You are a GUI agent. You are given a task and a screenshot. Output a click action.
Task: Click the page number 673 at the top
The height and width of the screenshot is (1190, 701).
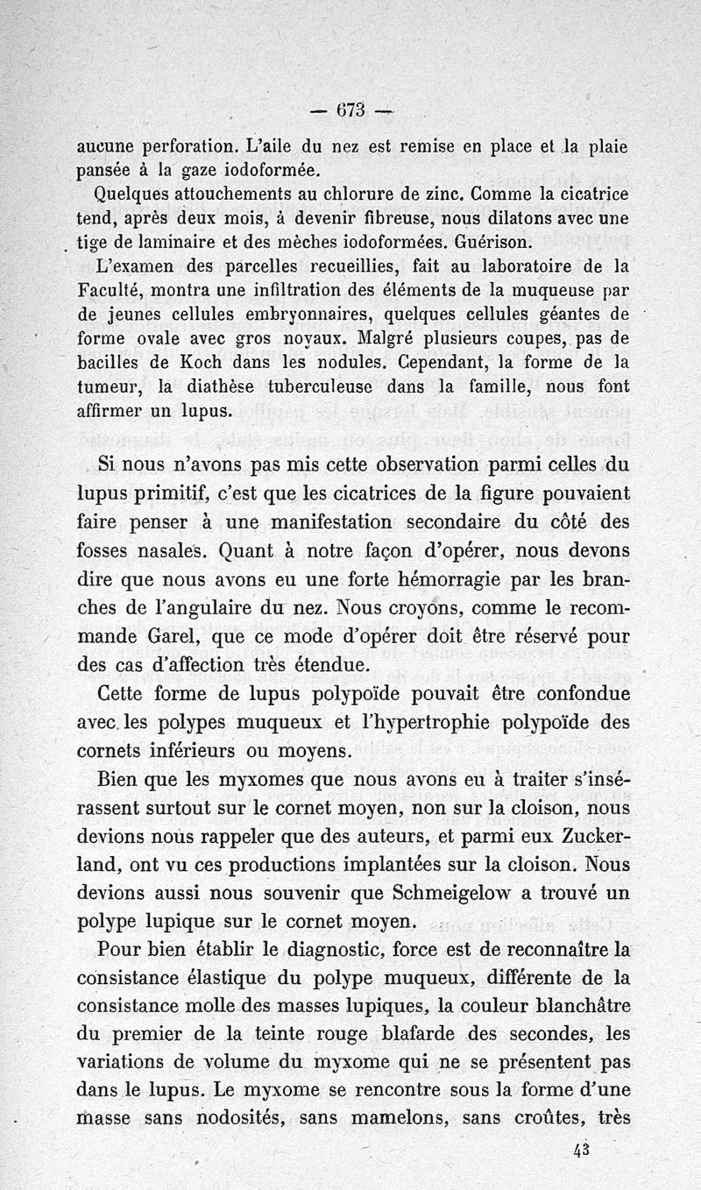[336, 110]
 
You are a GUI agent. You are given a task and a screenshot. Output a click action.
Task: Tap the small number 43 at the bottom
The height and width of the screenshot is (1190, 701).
[579, 1151]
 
